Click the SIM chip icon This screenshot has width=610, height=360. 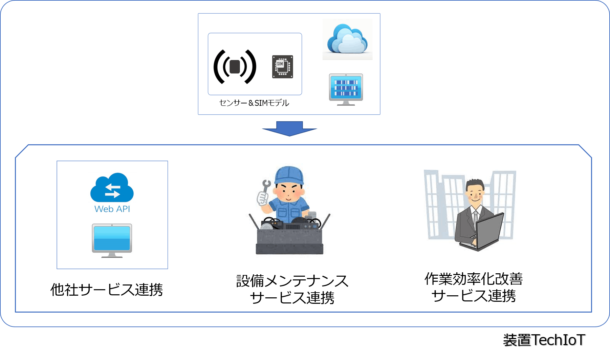pyautogui.click(x=282, y=67)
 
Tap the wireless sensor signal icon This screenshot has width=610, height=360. pyautogui.click(x=235, y=67)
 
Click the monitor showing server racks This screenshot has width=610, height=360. pyautogui.click(x=346, y=88)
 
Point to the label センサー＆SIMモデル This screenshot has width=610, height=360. pyautogui.click(x=254, y=103)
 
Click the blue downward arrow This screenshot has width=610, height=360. pyautogui.click(x=290, y=128)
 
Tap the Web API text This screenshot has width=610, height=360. pyautogui.click(x=112, y=209)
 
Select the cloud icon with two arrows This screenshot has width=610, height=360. pyautogui.click(x=112, y=188)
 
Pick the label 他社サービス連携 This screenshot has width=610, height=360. pyautogui.click(x=107, y=290)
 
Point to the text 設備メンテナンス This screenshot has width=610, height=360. pyautogui.click(x=292, y=281)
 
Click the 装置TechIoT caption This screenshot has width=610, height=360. pyautogui.click(x=544, y=341)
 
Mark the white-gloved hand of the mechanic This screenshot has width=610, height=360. pyautogui.click(x=262, y=198)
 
